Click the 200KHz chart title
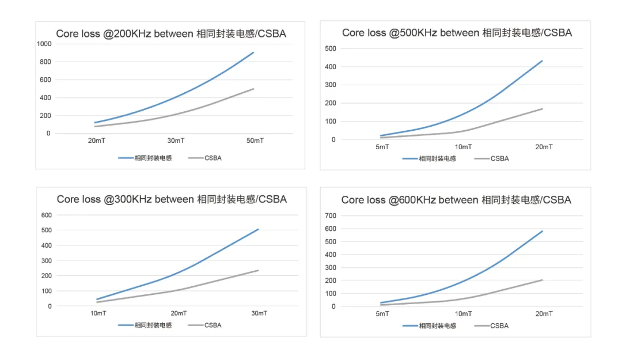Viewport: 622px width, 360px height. click(171, 34)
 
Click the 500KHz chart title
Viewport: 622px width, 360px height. click(457, 33)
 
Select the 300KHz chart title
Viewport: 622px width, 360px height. click(172, 199)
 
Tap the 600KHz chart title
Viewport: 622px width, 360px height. click(456, 200)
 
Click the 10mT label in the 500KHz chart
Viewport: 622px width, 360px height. click(464, 147)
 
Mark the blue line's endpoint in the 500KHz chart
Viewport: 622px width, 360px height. click(543, 60)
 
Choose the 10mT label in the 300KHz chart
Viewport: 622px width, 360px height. click(97, 313)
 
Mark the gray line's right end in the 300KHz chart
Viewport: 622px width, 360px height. click(259, 270)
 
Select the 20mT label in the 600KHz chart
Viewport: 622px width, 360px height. click(544, 314)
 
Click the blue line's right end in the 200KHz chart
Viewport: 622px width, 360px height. click(253, 52)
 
